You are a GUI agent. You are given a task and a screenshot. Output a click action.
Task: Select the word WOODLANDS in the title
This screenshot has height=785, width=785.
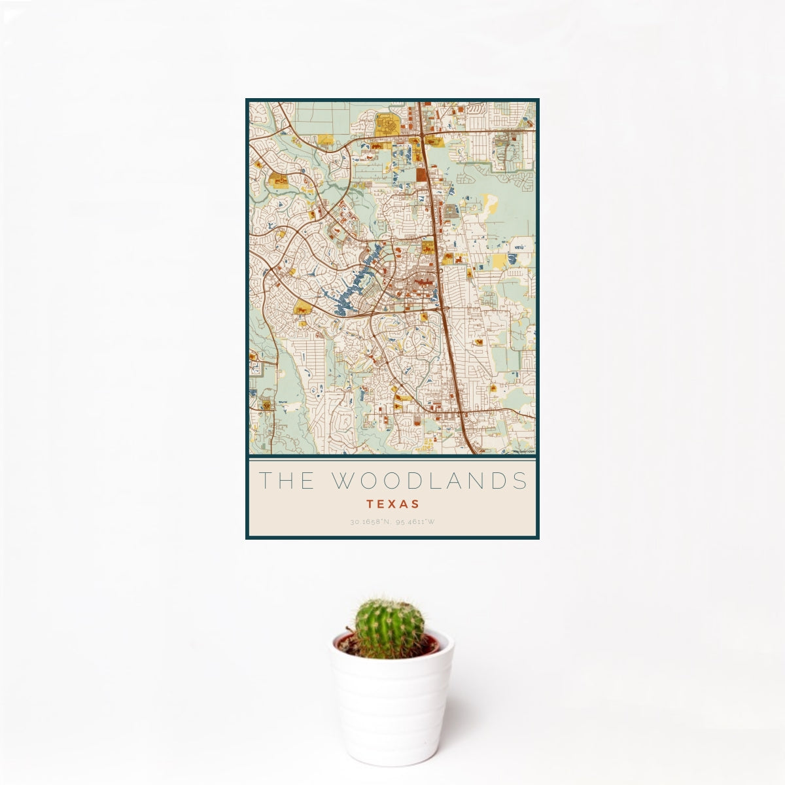point(429,481)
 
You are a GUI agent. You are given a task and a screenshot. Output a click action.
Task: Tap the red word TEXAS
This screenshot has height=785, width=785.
point(392,504)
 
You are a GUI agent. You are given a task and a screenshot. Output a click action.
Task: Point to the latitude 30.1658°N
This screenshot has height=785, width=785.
point(369,522)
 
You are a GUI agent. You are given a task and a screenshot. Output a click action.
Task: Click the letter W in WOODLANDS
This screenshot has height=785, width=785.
point(343,481)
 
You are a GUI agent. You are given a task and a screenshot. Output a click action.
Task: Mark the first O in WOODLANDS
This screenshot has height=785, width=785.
point(368,481)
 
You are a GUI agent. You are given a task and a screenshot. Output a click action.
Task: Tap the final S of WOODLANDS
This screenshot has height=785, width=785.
point(521,481)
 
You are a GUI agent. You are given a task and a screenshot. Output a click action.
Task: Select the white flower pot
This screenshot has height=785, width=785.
point(391,706)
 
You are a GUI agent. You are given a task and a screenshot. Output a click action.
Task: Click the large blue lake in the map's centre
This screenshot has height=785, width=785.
point(353,281)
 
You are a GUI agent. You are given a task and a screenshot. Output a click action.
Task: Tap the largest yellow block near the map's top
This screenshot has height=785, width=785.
point(386,124)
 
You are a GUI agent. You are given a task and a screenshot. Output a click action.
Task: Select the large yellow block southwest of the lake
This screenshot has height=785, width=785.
point(302,307)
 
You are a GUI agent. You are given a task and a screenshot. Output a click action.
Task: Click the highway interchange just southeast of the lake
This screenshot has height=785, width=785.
point(445,308)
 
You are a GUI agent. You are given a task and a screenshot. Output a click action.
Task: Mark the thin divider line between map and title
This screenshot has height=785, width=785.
point(392,458)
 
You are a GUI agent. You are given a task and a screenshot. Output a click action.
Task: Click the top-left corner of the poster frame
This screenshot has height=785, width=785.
point(247,100)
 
